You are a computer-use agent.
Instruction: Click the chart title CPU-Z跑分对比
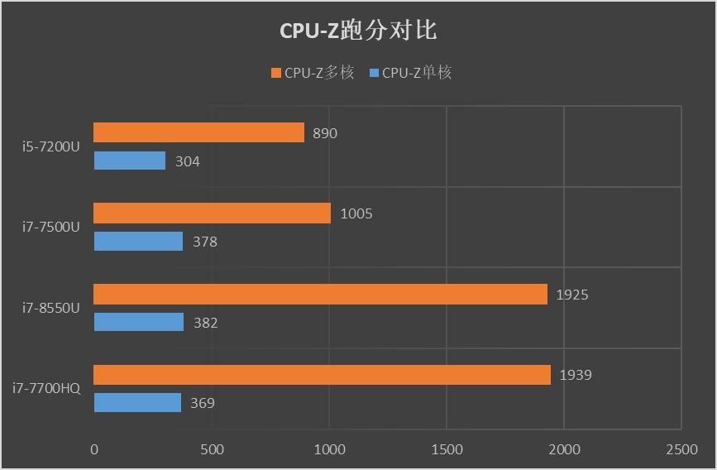[x=358, y=31]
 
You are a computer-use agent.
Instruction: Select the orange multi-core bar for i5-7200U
[x=198, y=132]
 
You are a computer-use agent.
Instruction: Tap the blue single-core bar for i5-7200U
[x=129, y=161]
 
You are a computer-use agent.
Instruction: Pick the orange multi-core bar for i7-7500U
[x=212, y=213]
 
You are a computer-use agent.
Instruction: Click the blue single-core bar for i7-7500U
[x=138, y=241]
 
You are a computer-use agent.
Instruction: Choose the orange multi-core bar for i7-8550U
[x=320, y=294]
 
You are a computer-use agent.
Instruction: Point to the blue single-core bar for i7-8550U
[x=138, y=322]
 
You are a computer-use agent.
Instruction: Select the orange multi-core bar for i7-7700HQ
[x=322, y=375]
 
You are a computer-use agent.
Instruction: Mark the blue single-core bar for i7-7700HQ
[x=137, y=403]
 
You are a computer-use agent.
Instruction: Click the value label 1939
[x=576, y=376]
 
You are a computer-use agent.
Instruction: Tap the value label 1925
[x=572, y=295]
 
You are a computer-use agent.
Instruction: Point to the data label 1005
[x=356, y=213]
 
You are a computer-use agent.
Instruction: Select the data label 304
[x=187, y=161]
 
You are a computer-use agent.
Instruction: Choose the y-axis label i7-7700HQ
[x=46, y=388]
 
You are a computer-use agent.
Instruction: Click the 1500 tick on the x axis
[x=447, y=449]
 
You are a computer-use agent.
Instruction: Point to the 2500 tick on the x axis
[x=681, y=449]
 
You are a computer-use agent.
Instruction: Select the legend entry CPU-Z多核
[x=312, y=73]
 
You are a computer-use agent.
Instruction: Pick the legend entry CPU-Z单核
[x=410, y=73]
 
